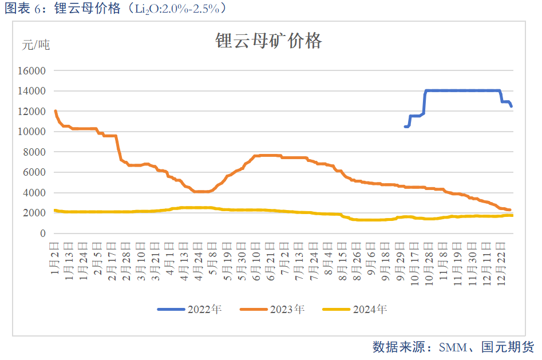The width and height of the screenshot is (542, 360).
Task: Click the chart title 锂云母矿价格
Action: (x=268, y=41)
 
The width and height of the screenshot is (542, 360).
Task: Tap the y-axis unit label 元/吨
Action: (x=35, y=45)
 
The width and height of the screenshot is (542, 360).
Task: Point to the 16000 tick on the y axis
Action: (x=33, y=71)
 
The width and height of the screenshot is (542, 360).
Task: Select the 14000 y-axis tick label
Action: (x=33, y=91)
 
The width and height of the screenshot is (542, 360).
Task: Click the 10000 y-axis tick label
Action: (x=33, y=132)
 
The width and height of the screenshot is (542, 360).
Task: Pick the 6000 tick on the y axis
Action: (x=35, y=172)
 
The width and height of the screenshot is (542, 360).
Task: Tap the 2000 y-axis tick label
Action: (x=35, y=213)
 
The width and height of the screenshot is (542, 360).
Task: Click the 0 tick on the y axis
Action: (x=42, y=234)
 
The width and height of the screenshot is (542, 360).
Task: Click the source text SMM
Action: (x=452, y=347)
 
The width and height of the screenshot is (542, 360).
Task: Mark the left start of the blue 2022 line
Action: (x=405, y=126)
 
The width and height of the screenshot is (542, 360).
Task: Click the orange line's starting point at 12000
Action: (x=55, y=111)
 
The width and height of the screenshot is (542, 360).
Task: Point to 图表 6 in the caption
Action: (x=17, y=8)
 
